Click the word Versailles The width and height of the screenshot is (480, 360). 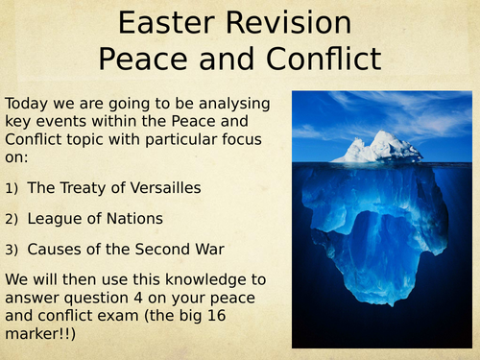click(165, 187)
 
